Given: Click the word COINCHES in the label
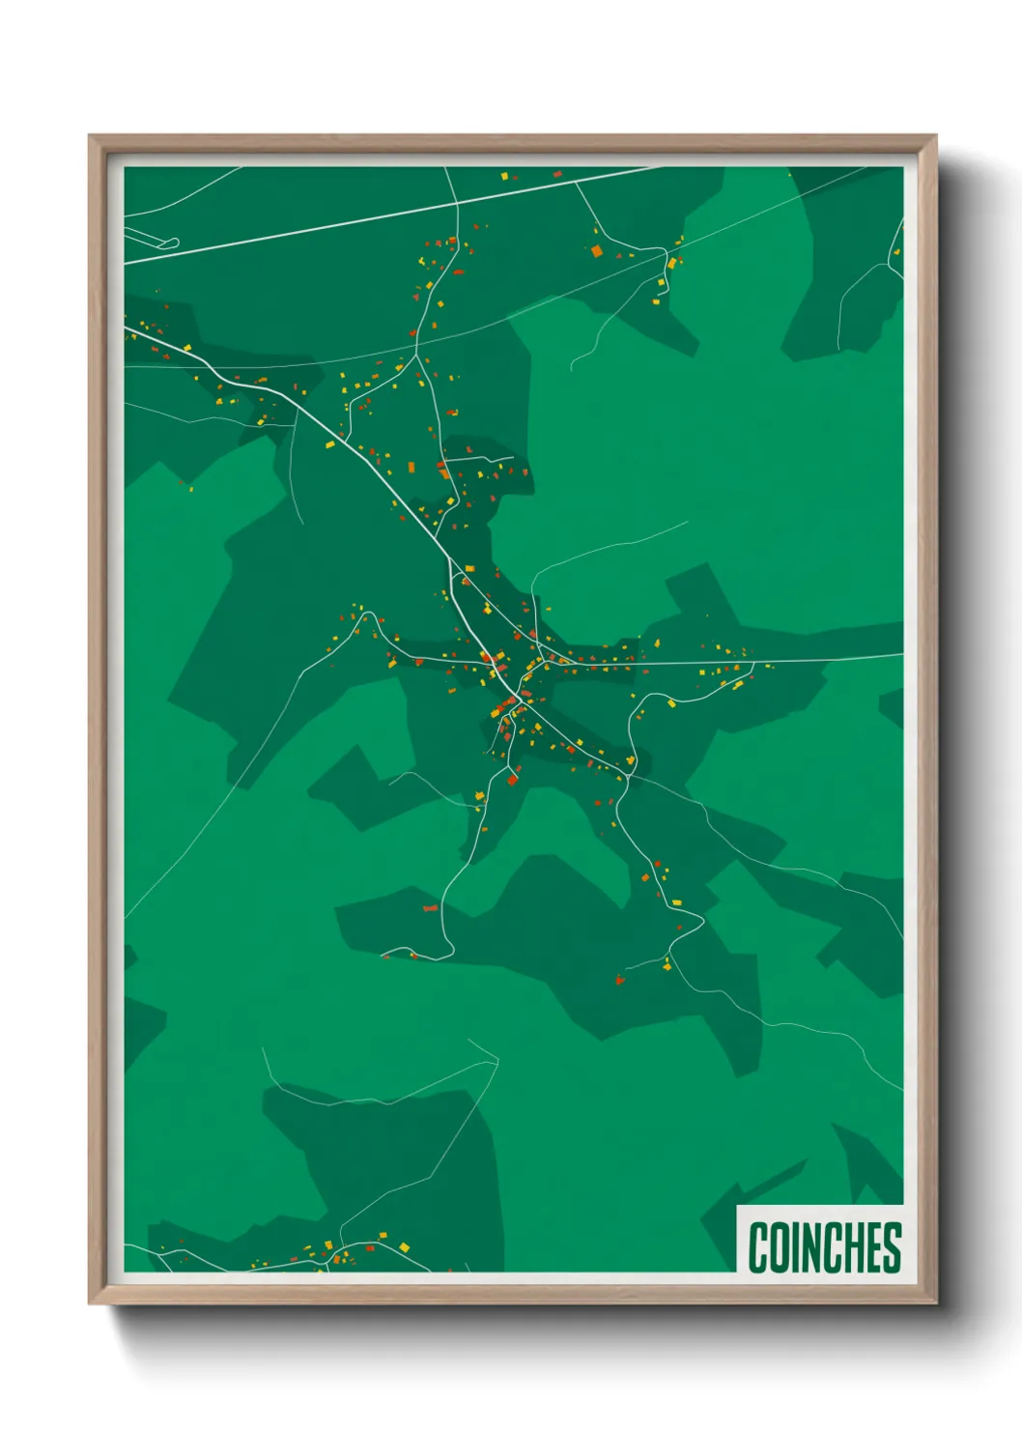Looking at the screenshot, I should tap(824, 1247).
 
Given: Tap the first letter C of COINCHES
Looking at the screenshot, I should tap(758, 1247).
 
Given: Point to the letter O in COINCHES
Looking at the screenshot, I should tap(779, 1247).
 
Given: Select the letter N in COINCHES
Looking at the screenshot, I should tap(809, 1247).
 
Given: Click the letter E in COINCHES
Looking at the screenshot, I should tap(872, 1247).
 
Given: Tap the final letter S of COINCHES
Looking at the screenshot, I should tap(891, 1247).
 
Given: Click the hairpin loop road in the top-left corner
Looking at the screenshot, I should tap(172, 242).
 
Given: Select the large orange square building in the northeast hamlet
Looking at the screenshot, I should tap(597, 251).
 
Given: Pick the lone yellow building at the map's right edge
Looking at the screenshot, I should tap(790, 175).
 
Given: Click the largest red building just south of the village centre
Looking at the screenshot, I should tap(513, 779).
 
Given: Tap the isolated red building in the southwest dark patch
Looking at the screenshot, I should tap(431, 908).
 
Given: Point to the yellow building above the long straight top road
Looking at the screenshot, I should tap(504, 176).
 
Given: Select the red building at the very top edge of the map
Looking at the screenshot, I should tap(556, 174).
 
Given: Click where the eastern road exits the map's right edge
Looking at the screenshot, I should tap(901, 655).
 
